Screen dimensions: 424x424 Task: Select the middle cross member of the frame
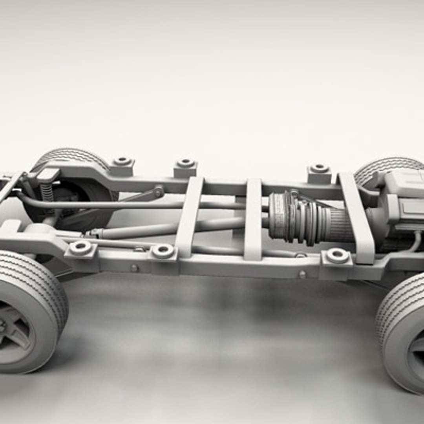(x=253, y=218)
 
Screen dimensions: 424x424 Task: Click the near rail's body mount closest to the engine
(x=337, y=256)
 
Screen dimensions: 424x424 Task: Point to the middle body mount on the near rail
(x=163, y=251)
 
